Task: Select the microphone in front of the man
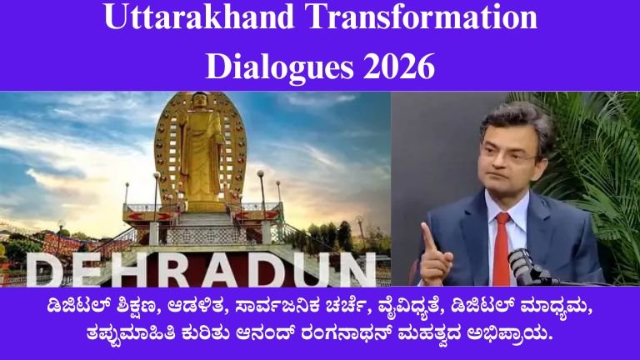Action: point(522,265)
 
